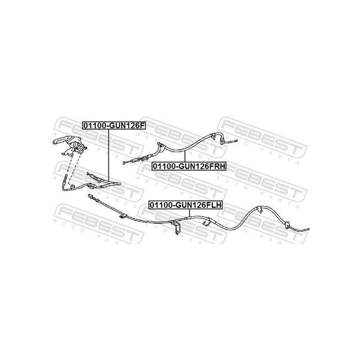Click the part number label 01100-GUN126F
pos(113,126)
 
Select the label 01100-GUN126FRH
pos(189,166)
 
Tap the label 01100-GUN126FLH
pos(186,205)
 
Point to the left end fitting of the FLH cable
pos(91,198)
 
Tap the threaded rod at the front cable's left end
pos(66,181)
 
